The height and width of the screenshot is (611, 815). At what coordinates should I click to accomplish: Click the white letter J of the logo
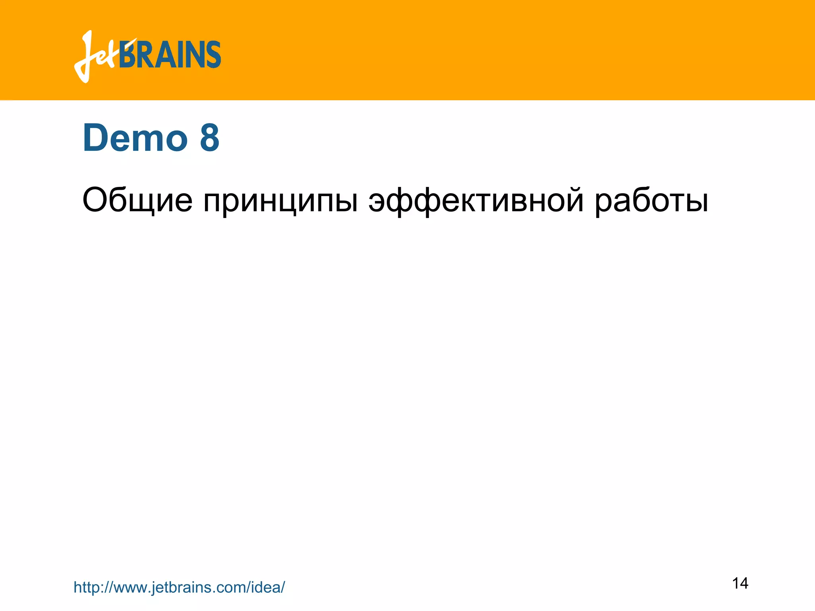[x=86, y=56]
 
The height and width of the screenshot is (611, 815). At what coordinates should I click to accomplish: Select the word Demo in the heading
[x=135, y=138]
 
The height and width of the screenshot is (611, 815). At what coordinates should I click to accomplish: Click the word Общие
[x=137, y=200]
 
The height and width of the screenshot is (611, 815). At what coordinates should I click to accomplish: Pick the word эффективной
[x=476, y=200]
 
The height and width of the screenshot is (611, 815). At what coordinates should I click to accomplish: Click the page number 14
[x=740, y=583]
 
